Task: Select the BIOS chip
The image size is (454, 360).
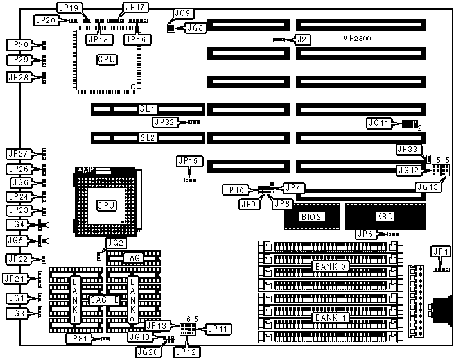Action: [311, 217]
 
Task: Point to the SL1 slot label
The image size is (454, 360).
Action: [148, 110]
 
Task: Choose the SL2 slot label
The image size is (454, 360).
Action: [148, 137]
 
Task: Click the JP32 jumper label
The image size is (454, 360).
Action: [164, 121]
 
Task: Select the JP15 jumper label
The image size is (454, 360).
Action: [188, 160]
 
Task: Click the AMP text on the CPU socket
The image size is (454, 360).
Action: [85, 170]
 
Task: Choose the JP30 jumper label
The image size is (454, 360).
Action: [17, 45]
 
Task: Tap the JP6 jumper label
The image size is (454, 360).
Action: [368, 235]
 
